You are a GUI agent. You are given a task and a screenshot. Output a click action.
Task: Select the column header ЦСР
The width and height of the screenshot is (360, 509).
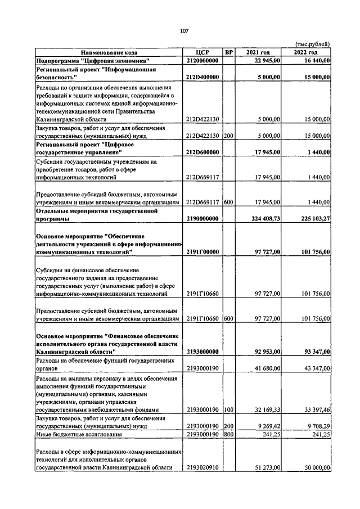202,52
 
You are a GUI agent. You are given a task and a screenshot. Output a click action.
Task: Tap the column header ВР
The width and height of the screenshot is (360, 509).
228,52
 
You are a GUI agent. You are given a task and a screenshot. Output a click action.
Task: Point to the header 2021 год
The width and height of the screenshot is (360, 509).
258,52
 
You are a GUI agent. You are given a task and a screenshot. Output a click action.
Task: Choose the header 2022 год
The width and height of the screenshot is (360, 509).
306,52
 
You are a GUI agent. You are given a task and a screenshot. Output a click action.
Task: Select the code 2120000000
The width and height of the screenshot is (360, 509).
202,60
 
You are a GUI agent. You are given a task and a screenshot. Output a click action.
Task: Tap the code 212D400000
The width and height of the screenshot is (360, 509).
202,77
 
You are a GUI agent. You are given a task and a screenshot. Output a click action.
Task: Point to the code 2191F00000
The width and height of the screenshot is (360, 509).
202,253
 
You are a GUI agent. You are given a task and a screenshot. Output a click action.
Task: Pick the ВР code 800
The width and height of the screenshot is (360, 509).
228,434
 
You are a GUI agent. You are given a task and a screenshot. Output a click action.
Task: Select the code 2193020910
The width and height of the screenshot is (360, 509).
202,467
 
